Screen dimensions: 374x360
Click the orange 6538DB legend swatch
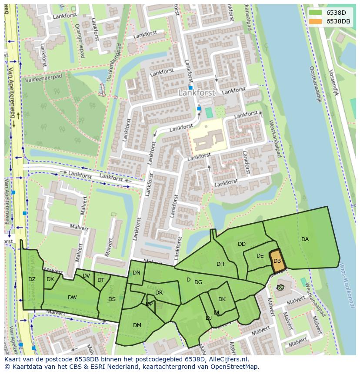316,21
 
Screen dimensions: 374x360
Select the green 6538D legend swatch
316,13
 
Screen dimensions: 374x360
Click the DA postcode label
305,239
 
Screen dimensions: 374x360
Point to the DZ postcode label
32,279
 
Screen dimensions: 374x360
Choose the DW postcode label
72,298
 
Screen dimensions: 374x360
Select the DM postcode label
137,325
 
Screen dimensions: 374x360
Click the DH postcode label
220,264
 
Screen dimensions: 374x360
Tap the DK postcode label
222,299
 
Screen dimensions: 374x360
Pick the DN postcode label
137,273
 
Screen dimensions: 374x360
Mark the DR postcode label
159,293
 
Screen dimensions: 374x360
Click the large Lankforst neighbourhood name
197,93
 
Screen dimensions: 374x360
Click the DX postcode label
50,279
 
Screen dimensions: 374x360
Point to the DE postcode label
260,256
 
